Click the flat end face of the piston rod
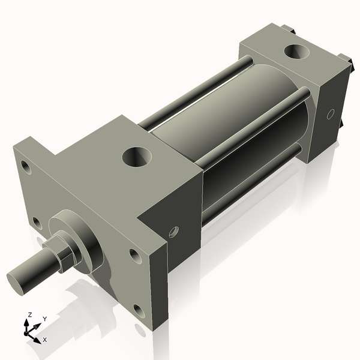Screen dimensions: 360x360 coord(17,283)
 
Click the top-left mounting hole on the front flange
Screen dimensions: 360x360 coord(25,166)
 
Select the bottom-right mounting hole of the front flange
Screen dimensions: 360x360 coord(139,311)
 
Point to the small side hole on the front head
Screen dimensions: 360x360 coord(173,232)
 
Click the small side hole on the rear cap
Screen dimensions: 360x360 coord(330,113)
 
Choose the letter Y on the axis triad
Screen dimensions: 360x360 coord(45,319)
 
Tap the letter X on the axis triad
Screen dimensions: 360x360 coord(45,340)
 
